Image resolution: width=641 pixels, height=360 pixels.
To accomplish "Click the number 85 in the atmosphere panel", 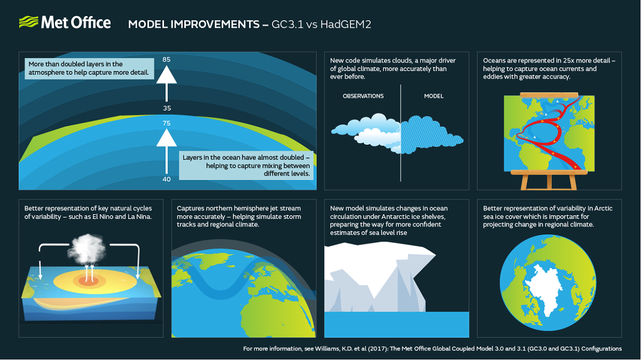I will click(x=167, y=59).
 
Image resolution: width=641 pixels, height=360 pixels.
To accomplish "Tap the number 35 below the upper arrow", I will click(x=167, y=108).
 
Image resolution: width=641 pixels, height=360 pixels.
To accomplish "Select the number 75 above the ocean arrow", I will click(x=167, y=123).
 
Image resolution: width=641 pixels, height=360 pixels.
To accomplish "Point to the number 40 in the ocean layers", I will click(x=167, y=179).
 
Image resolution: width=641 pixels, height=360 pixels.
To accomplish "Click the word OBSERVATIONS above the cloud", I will click(x=363, y=96).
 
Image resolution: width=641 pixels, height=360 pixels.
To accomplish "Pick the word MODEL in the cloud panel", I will click(x=434, y=96).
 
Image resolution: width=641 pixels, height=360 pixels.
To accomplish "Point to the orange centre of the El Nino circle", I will click(x=85, y=280).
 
